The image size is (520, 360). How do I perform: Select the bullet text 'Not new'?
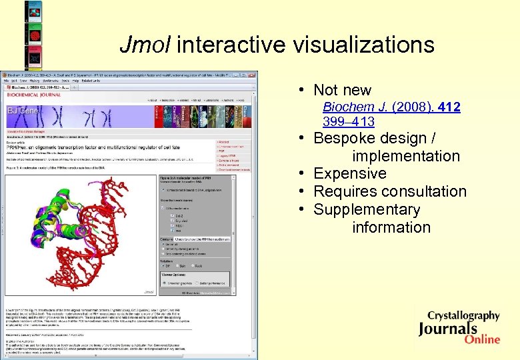342,90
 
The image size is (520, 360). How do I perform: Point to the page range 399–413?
348,121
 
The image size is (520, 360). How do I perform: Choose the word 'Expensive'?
349,173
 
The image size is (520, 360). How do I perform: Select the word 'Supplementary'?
367,209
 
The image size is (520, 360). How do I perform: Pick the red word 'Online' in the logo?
483,339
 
